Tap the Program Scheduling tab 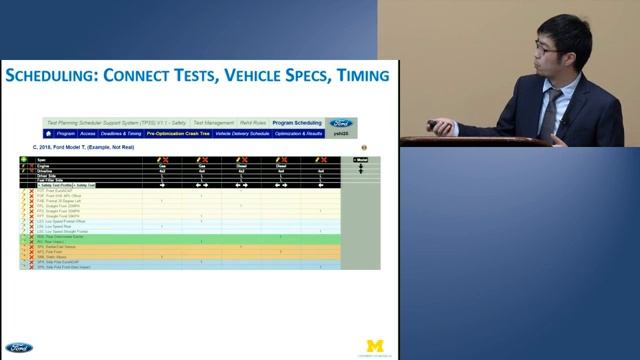[297, 123]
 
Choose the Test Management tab [213, 123]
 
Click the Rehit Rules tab [254, 123]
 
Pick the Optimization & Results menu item [299, 133]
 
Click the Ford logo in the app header [341, 123]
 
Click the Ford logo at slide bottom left [17, 348]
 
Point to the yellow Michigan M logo [376, 346]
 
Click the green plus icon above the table [24, 159]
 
